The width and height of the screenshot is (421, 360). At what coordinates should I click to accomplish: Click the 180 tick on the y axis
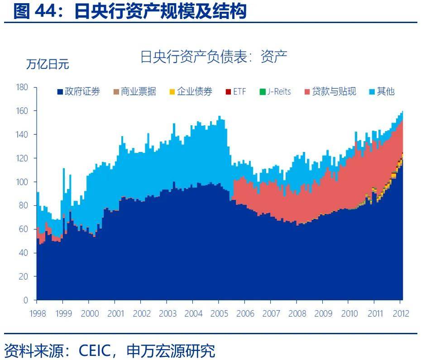(x=22, y=87)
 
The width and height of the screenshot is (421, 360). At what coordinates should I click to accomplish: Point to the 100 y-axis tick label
(x=22, y=182)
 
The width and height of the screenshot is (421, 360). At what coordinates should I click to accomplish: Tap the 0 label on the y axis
(x=26, y=300)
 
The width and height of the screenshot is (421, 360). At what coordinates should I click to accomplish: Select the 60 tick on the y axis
(x=24, y=229)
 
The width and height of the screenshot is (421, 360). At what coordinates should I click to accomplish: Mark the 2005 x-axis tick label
(x=219, y=313)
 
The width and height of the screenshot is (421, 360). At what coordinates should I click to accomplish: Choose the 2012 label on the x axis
(x=400, y=313)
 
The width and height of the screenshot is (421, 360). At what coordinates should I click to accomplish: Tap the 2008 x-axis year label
(x=297, y=313)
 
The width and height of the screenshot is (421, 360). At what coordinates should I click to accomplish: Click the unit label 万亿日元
(x=48, y=64)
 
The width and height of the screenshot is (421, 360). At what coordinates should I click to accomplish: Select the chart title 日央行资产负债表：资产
(x=214, y=57)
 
